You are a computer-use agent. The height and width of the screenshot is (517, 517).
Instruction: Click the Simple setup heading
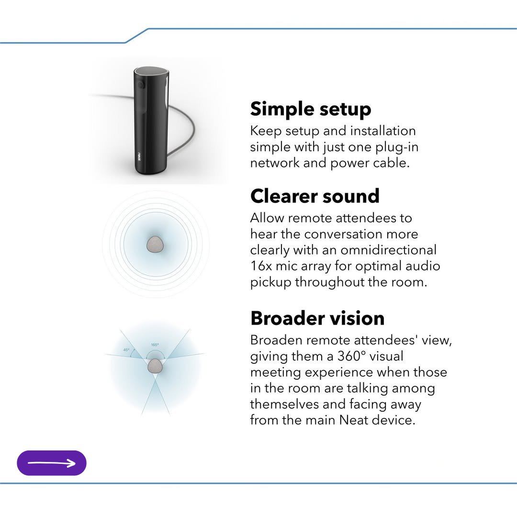310,109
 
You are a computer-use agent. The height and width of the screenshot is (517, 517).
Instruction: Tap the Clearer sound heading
315,196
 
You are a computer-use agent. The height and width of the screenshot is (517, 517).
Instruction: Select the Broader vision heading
317,318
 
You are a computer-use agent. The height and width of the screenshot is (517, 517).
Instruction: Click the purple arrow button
52,463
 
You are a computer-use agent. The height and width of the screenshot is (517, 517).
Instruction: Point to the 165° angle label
155,345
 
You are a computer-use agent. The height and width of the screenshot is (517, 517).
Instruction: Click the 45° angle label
126,350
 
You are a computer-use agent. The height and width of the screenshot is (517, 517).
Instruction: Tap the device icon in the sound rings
156,244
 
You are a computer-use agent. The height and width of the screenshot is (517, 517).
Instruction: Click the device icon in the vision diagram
155,367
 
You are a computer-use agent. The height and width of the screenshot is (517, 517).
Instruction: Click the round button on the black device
140,84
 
